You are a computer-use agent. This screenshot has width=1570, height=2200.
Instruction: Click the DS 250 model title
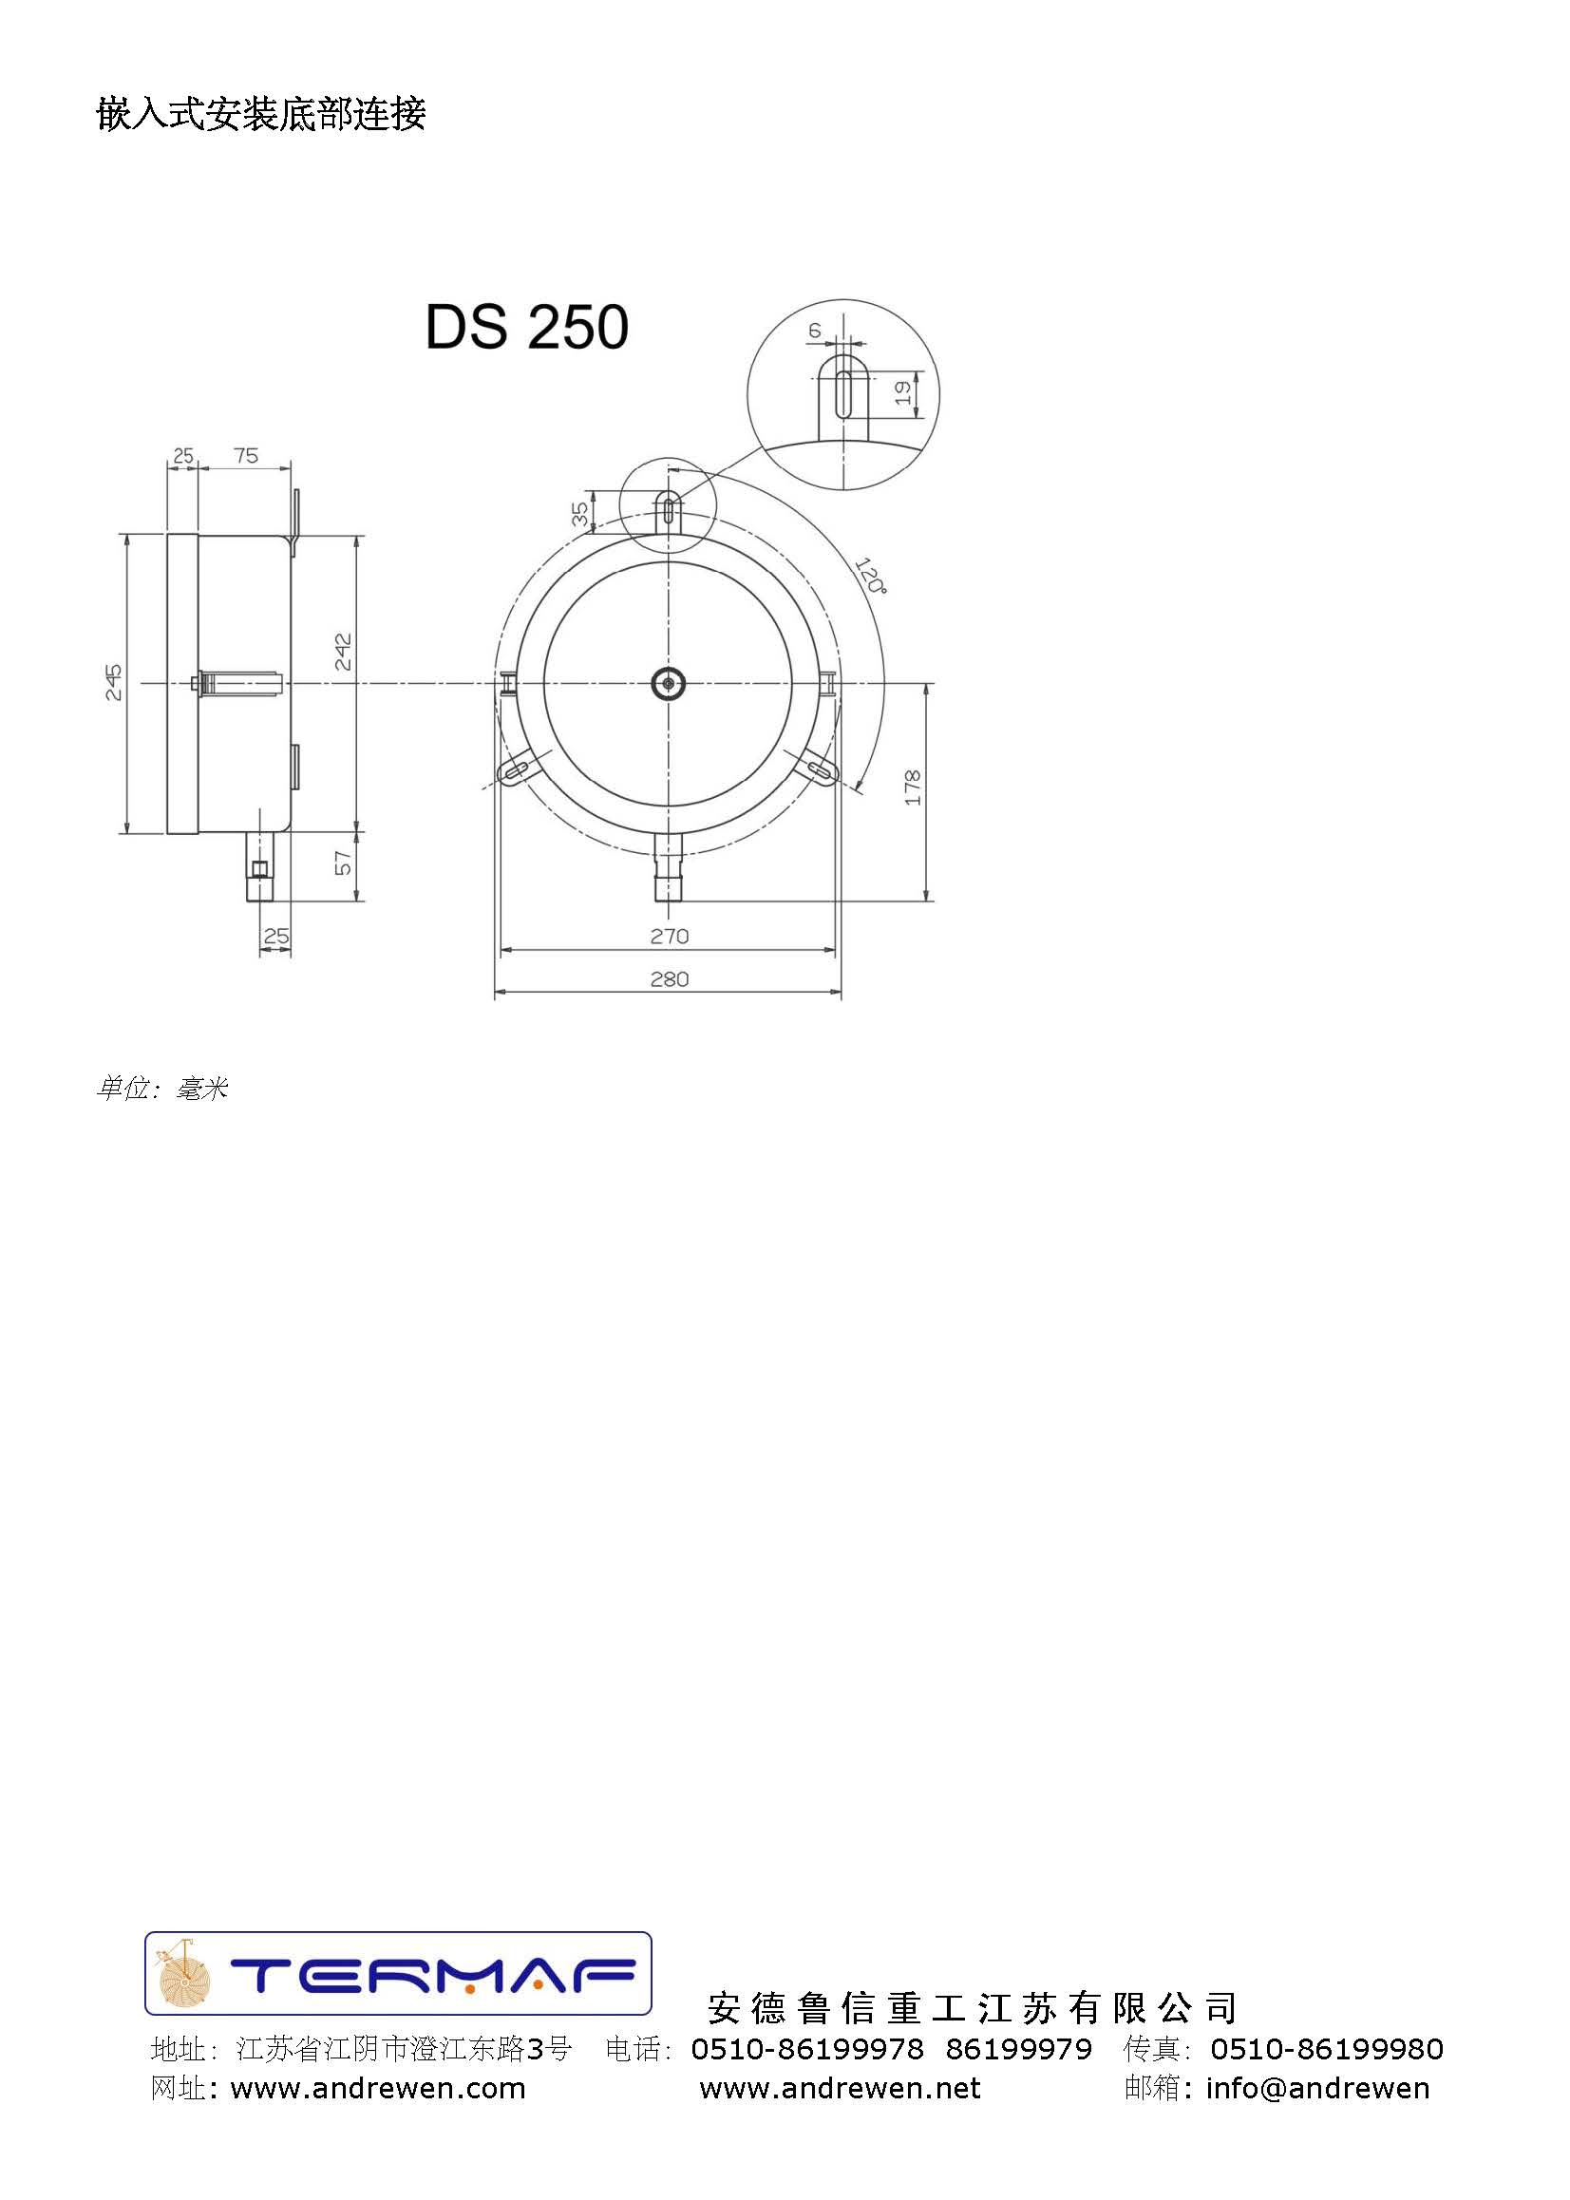click(x=527, y=327)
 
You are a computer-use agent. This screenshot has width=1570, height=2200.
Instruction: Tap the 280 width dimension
click(x=669, y=979)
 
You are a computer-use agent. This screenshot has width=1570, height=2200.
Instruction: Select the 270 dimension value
click(x=669, y=936)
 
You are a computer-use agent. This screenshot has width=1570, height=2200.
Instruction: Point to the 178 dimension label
click(x=912, y=787)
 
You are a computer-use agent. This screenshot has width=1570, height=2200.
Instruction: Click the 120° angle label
click(x=869, y=576)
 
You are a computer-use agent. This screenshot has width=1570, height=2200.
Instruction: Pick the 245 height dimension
click(x=114, y=682)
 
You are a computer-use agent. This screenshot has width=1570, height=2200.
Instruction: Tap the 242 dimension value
click(x=343, y=653)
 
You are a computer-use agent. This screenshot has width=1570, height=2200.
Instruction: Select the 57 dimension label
click(x=343, y=863)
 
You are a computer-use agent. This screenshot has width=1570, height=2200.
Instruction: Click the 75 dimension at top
click(x=246, y=455)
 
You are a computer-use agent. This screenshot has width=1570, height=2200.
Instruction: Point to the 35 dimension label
click(x=580, y=513)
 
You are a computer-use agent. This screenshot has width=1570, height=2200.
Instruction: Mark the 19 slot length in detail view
click(x=902, y=392)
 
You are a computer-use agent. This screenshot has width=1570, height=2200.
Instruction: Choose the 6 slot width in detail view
click(x=815, y=331)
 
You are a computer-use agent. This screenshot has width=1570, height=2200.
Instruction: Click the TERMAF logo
click(x=398, y=1974)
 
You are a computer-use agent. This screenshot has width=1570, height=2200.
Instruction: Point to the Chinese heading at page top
click(x=261, y=114)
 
